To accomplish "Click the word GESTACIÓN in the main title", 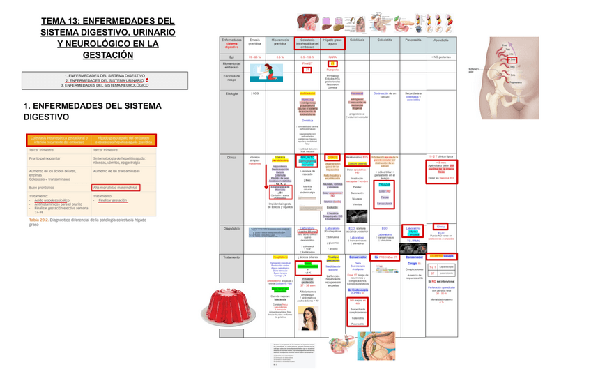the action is [107, 55].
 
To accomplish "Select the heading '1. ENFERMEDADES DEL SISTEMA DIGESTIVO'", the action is [92, 111].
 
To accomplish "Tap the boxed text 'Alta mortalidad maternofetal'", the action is [116, 188].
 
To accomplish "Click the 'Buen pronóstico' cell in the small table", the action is [42, 188].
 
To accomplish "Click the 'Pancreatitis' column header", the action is [413, 40].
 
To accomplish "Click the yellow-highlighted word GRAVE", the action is [332, 158].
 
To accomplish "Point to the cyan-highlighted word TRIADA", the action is [385, 185].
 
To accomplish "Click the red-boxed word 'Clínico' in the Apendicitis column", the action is [440, 227].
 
